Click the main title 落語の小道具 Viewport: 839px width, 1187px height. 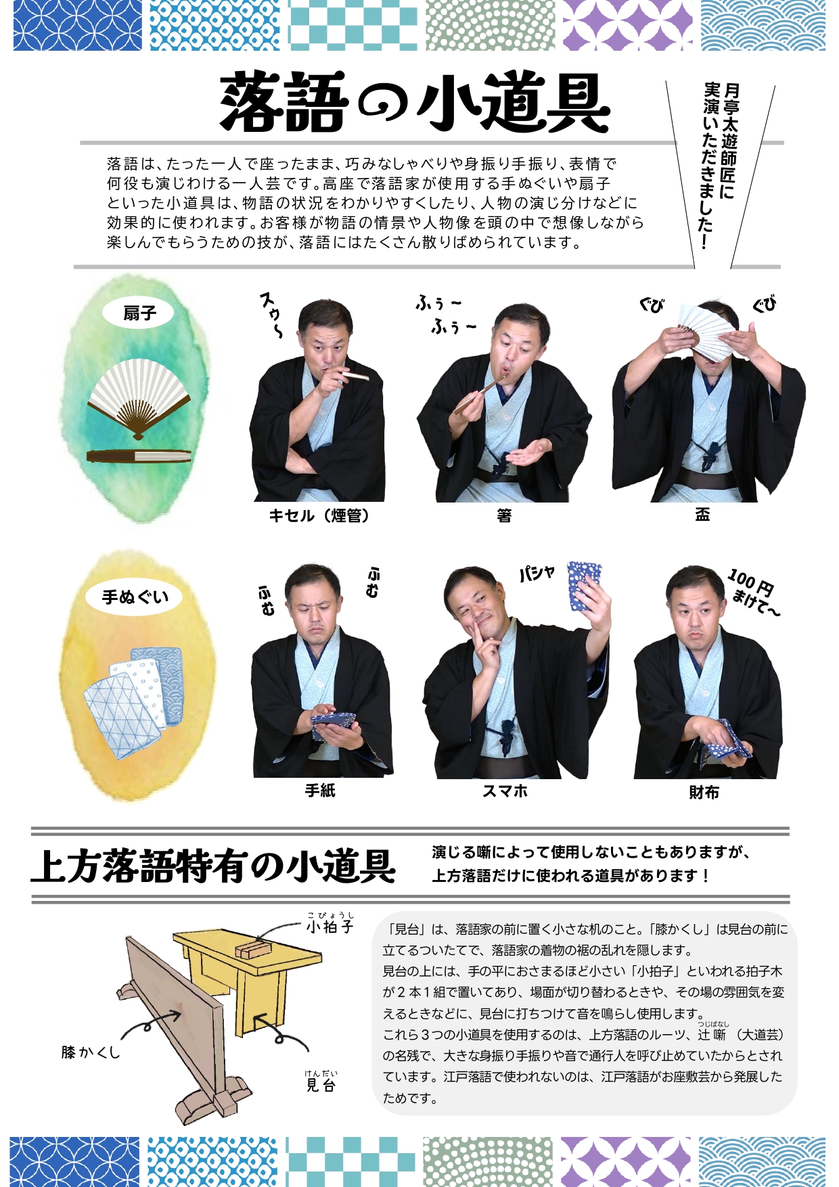click(415, 103)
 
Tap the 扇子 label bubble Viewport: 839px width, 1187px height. click(139, 312)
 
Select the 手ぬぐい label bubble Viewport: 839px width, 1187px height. click(135, 597)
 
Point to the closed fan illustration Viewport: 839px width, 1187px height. click(139, 456)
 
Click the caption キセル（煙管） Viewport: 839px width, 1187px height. click(319, 515)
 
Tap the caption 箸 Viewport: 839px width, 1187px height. click(504, 515)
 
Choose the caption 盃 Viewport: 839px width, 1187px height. click(702, 514)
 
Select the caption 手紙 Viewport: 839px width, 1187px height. click(320, 790)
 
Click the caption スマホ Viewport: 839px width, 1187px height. click(505, 791)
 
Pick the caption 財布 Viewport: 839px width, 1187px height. click(704, 792)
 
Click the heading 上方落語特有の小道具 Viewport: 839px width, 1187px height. click(213, 866)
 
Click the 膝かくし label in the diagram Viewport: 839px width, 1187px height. click(91, 1052)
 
